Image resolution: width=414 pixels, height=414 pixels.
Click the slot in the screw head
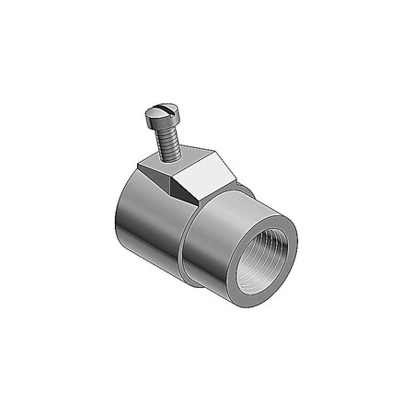click(x=159, y=114)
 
